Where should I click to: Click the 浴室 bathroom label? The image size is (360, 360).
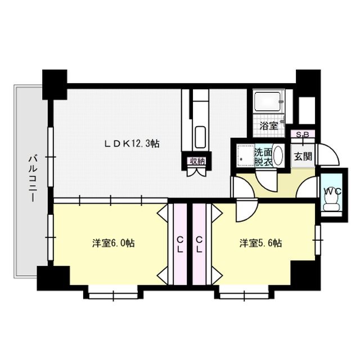click(268, 125)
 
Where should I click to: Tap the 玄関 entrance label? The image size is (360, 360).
click(303, 156)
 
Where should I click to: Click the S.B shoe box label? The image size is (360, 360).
click(303, 135)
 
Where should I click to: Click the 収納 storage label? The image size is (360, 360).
click(197, 161)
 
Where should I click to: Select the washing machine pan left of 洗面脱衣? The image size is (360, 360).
click(245, 156)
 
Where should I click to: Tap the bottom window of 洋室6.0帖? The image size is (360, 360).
click(112, 294)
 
